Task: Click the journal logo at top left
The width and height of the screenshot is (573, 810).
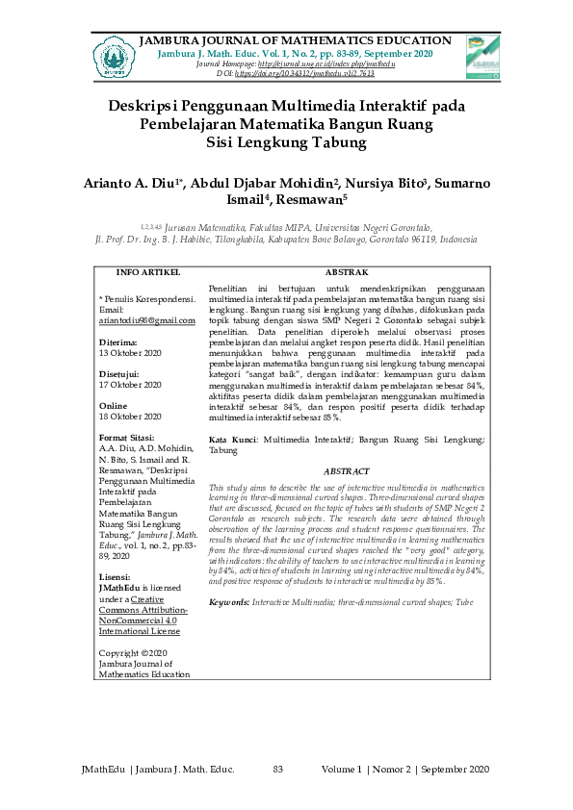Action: (x=114, y=56)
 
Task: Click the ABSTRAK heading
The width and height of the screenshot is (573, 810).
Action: (x=347, y=273)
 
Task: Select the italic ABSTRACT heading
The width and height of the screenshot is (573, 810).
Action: (x=347, y=471)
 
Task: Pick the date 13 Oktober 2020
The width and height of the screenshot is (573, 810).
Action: (x=131, y=352)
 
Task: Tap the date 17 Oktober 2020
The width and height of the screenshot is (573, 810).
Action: (x=131, y=385)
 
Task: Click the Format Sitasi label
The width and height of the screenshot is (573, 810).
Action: (x=131, y=439)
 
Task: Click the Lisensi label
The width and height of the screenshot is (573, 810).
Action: (x=117, y=576)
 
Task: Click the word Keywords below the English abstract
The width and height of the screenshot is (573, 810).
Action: (x=228, y=601)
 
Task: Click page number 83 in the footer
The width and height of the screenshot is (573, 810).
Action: (x=278, y=769)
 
